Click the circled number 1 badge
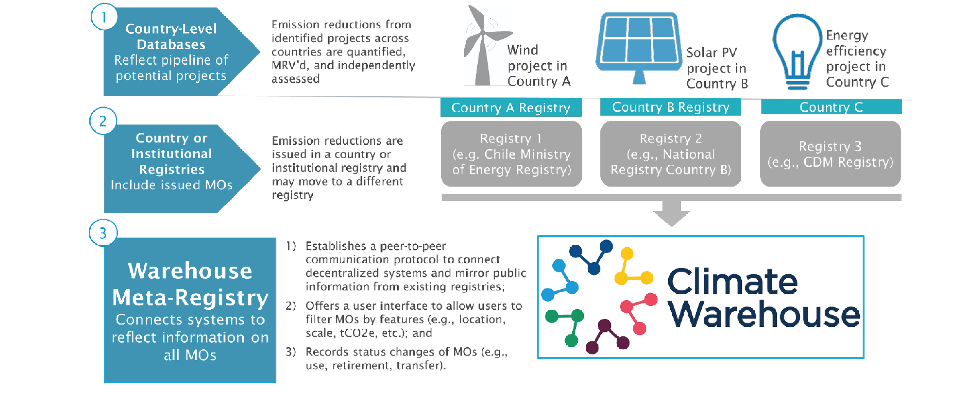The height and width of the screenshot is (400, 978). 104,17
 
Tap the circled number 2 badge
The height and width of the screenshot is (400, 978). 103,121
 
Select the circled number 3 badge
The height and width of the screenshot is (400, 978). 103,233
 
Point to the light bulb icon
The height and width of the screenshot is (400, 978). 797,52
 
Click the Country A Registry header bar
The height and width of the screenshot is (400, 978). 511,108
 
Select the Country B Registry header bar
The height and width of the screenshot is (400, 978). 671,107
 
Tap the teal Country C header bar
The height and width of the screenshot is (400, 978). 831,107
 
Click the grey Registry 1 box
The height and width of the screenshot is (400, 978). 511,154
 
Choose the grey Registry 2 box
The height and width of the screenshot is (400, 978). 671,154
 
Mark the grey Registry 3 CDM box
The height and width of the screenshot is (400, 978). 830,154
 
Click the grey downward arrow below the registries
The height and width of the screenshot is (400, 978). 671,213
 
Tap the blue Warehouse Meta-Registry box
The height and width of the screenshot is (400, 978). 190,310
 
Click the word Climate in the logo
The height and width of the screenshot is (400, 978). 732,282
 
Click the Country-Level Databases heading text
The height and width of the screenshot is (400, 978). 171,36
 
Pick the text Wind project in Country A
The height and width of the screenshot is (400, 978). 539,66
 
